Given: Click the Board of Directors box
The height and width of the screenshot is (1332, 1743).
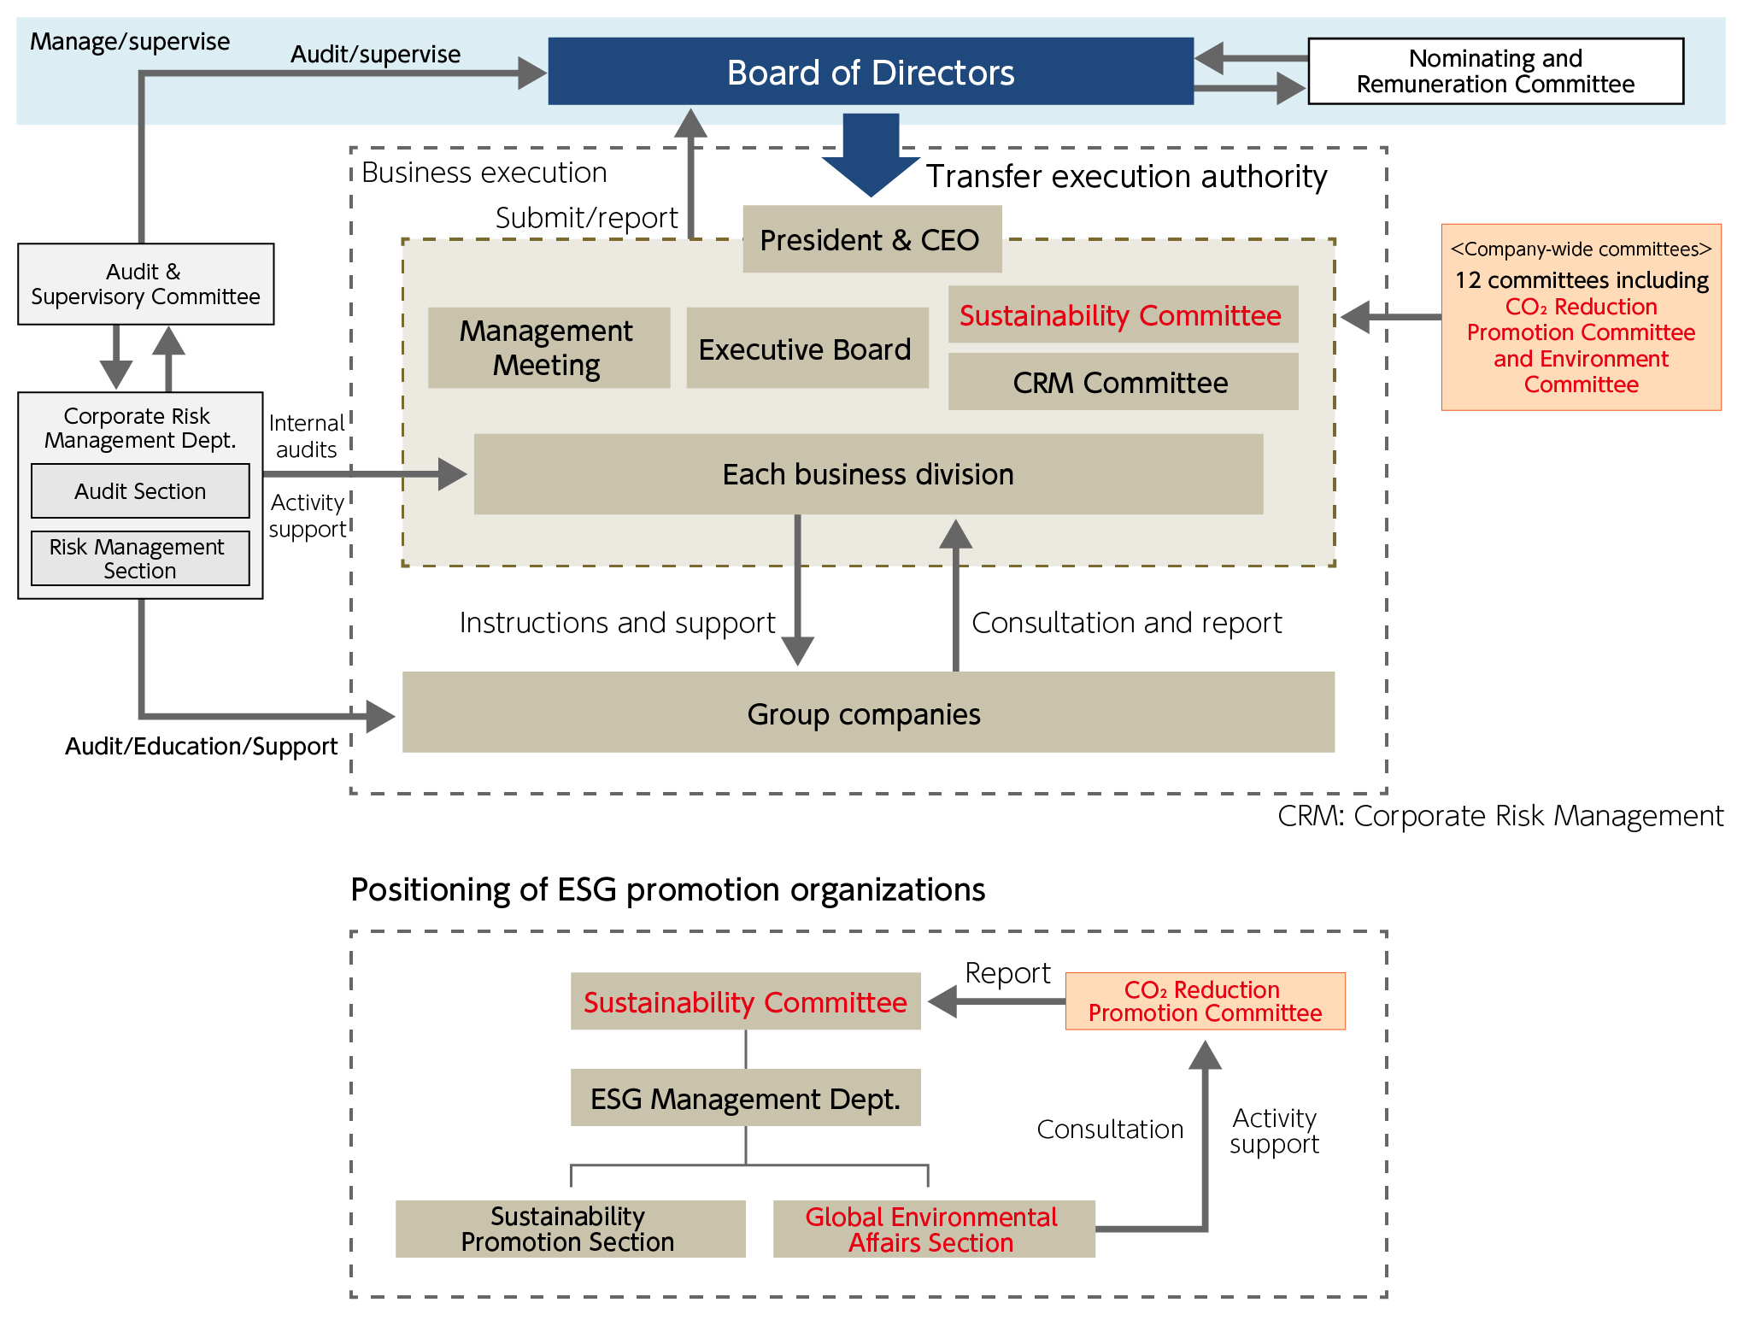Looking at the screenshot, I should (x=870, y=72).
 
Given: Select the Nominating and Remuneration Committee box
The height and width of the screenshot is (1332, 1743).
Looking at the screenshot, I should (x=1495, y=72).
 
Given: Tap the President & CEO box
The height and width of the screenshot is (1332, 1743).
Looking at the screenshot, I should (x=871, y=240).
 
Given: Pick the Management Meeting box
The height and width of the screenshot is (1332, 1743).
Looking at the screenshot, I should (x=548, y=348).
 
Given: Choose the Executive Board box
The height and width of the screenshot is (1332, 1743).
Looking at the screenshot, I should (x=806, y=349).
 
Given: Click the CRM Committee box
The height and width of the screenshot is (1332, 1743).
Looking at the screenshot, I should (x=1122, y=383).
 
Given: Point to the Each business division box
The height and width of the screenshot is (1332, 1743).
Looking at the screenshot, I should (x=868, y=474).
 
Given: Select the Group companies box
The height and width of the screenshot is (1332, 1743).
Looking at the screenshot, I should (x=867, y=713).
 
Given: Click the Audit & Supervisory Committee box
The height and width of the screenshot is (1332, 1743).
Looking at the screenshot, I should (x=145, y=285).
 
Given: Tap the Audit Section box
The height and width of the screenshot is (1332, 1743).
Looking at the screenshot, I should (x=140, y=491).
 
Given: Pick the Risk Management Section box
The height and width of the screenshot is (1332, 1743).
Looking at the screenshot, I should (x=140, y=559).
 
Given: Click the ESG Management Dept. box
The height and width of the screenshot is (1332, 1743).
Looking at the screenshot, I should (x=745, y=1098).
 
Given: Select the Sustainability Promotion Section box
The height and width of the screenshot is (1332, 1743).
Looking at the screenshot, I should (x=569, y=1229).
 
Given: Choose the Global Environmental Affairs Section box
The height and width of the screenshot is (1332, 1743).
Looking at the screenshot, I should (x=933, y=1229).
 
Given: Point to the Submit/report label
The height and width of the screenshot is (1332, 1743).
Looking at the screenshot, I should (x=586, y=218).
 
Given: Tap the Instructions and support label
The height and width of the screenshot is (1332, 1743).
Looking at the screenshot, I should (x=617, y=623).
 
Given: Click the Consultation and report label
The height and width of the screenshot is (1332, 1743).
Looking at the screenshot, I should (x=1126, y=623).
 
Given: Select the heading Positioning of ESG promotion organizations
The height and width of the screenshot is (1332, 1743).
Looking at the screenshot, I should (x=667, y=890).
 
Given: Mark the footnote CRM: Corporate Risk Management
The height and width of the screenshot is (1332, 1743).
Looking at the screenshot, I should (x=1499, y=816).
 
